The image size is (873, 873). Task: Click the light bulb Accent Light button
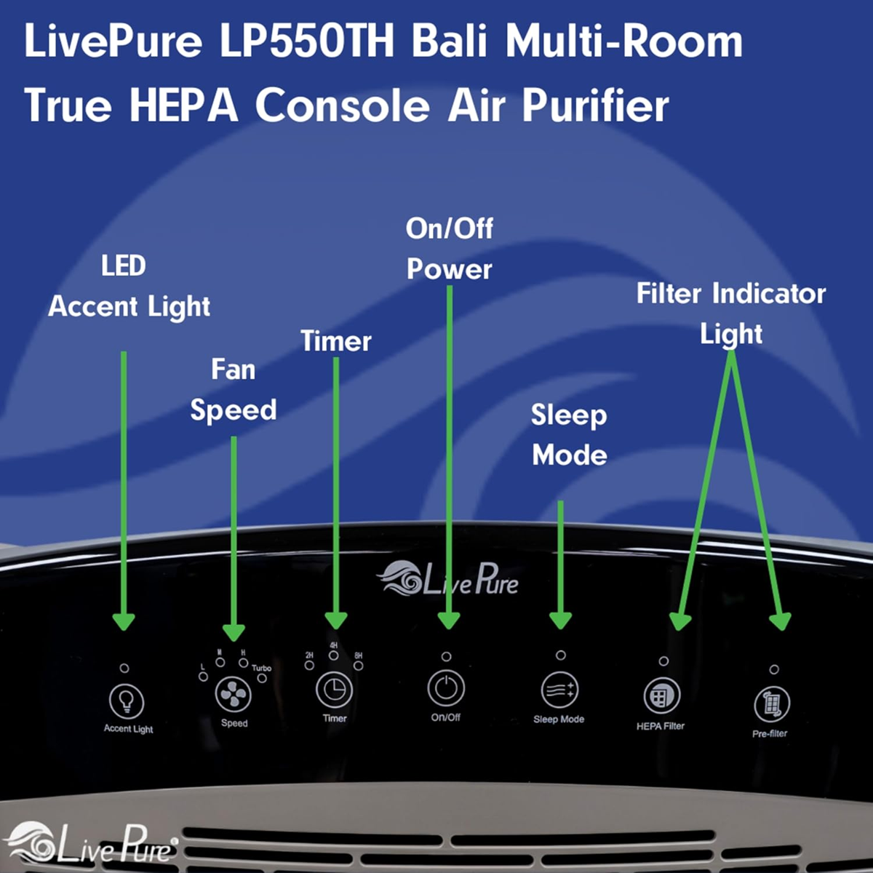[x=127, y=702]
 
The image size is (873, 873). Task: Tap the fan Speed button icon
[x=234, y=695]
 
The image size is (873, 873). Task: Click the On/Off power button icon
[x=446, y=688]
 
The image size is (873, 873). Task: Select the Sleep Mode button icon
[x=560, y=690]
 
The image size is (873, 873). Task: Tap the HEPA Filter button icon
[x=662, y=695]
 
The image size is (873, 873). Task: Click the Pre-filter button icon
[x=772, y=704]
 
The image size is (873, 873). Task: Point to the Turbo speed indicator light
[x=262, y=678]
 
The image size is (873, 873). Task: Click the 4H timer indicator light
[x=334, y=655]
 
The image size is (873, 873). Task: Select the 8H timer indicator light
[x=359, y=666]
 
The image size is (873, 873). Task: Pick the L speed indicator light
[x=204, y=677]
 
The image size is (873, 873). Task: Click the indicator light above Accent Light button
[x=124, y=669]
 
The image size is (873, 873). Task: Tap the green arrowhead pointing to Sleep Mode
[x=560, y=620]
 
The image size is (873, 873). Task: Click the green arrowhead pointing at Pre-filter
[x=780, y=621]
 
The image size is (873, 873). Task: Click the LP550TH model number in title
[x=307, y=41]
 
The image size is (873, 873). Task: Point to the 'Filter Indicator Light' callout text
[x=730, y=314]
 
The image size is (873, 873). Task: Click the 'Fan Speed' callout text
[x=234, y=390]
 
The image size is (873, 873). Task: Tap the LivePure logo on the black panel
[x=447, y=578]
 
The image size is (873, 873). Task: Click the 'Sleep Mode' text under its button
[x=559, y=719]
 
